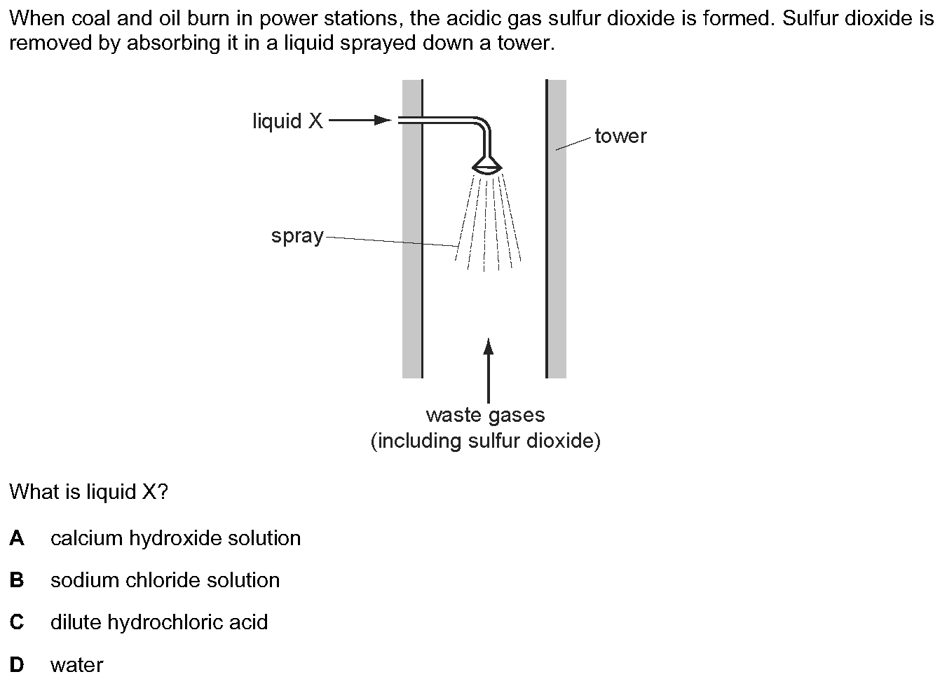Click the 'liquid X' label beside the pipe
click(x=288, y=121)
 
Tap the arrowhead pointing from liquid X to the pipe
click(x=383, y=121)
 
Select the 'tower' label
click(x=620, y=137)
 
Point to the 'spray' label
click(x=297, y=236)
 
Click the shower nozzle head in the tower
click(x=486, y=165)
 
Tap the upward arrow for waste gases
click(x=488, y=370)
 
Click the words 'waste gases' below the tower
click(x=486, y=416)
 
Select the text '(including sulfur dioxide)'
click(x=486, y=441)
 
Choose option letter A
click(x=17, y=538)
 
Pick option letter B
click(x=17, y=580)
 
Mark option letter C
click(x=17, y=622)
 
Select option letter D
click(x=17, y=665)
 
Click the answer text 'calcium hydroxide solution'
click(x=175, y=538)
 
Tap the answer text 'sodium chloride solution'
click(x=165, y=580)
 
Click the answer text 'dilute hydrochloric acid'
click(x=159, y=622)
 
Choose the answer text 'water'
click(x=77, y=666)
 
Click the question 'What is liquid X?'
click(x=88, y=491)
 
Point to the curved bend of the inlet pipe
click(x=482, y=125)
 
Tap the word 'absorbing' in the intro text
click(x=173, y=43)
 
